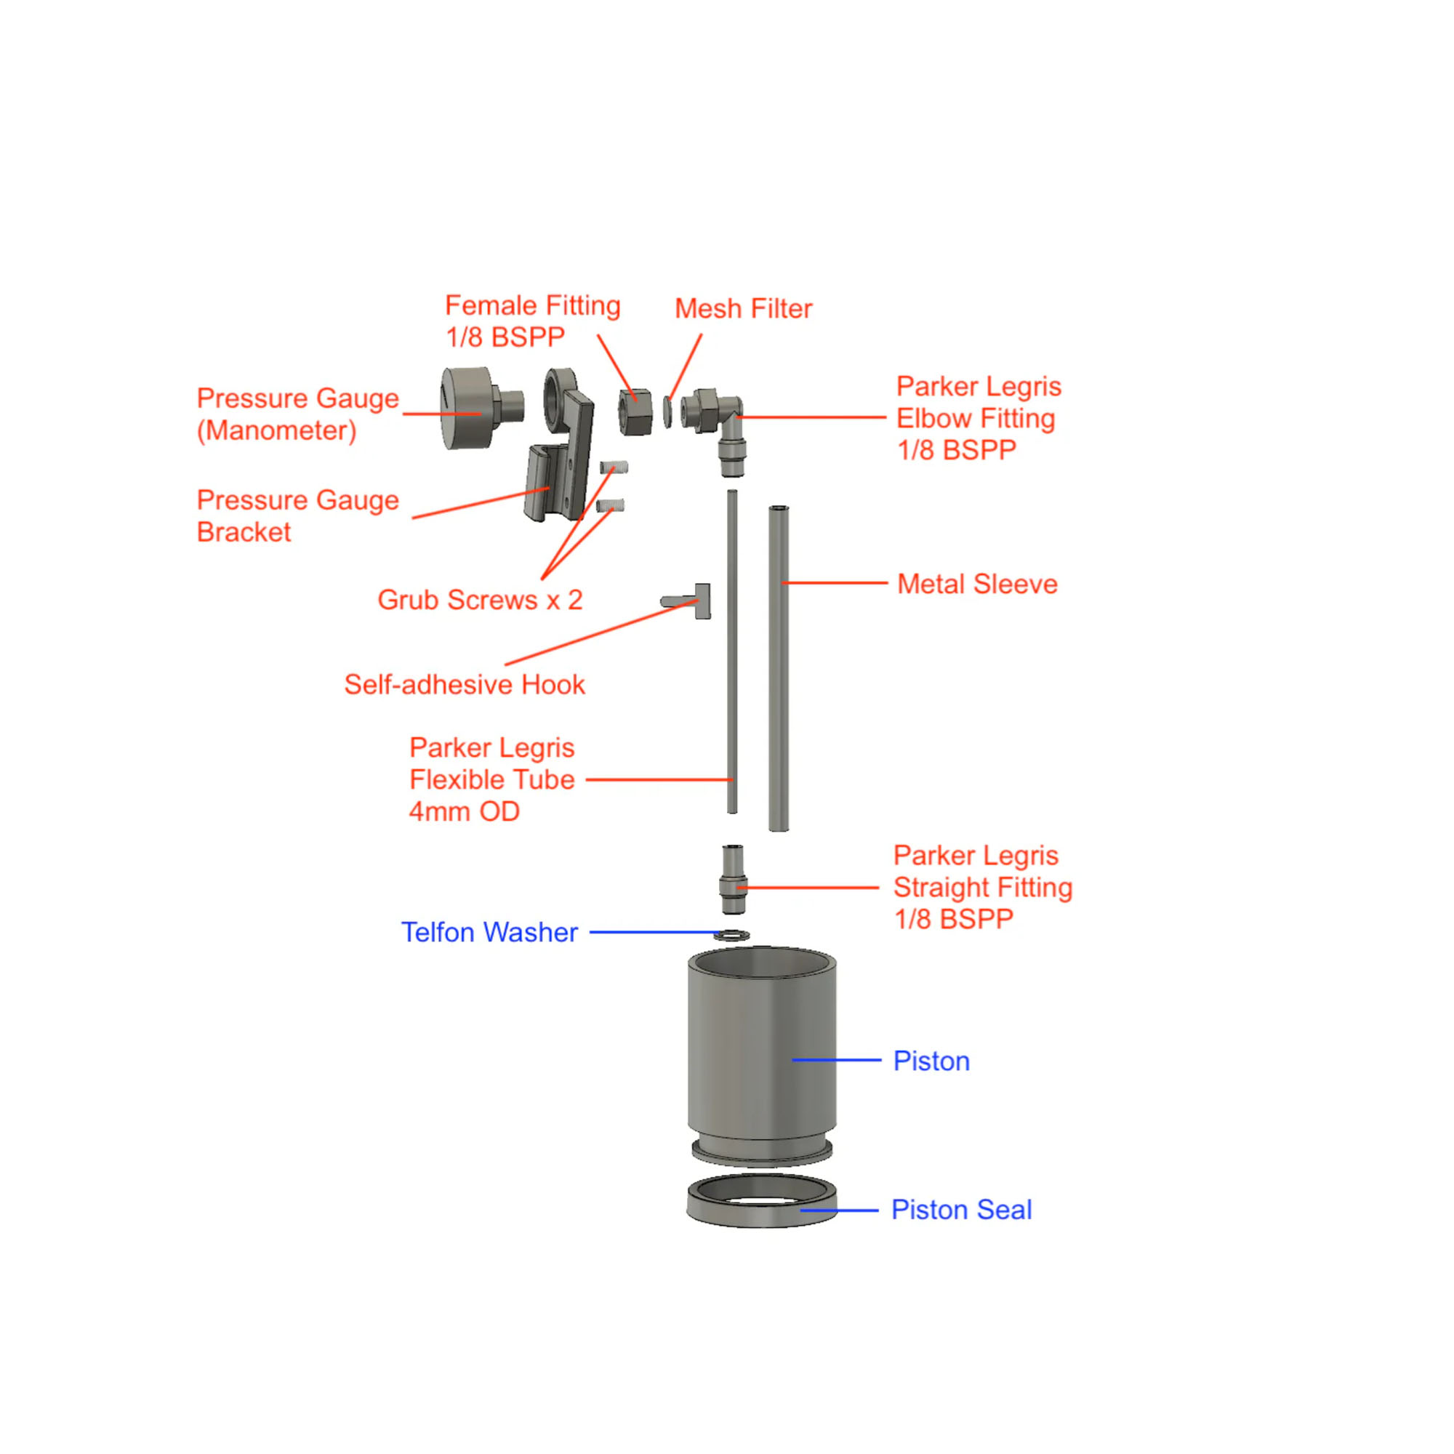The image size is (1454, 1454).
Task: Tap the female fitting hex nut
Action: click(635, 411)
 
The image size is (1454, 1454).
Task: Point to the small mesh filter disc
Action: click(667, 411)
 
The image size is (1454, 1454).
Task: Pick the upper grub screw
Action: click(614, 468)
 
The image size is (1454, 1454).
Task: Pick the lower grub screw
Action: click(611, 505)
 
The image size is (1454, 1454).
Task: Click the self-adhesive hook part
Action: click(687, 601)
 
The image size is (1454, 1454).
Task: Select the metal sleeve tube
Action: click(779, 669)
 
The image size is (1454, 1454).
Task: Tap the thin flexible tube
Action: click(731, 651)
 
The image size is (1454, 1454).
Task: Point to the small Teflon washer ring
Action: click(731, 936)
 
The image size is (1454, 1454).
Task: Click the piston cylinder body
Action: click(762, 1053)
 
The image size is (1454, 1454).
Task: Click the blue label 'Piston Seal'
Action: click(961, 1210)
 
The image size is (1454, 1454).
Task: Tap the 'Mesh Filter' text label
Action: click(744, 308)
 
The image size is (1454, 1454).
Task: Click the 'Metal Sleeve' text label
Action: click(977, 584)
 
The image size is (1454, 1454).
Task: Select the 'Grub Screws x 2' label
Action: click(480, 600)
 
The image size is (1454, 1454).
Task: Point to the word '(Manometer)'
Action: click(277, 430)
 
